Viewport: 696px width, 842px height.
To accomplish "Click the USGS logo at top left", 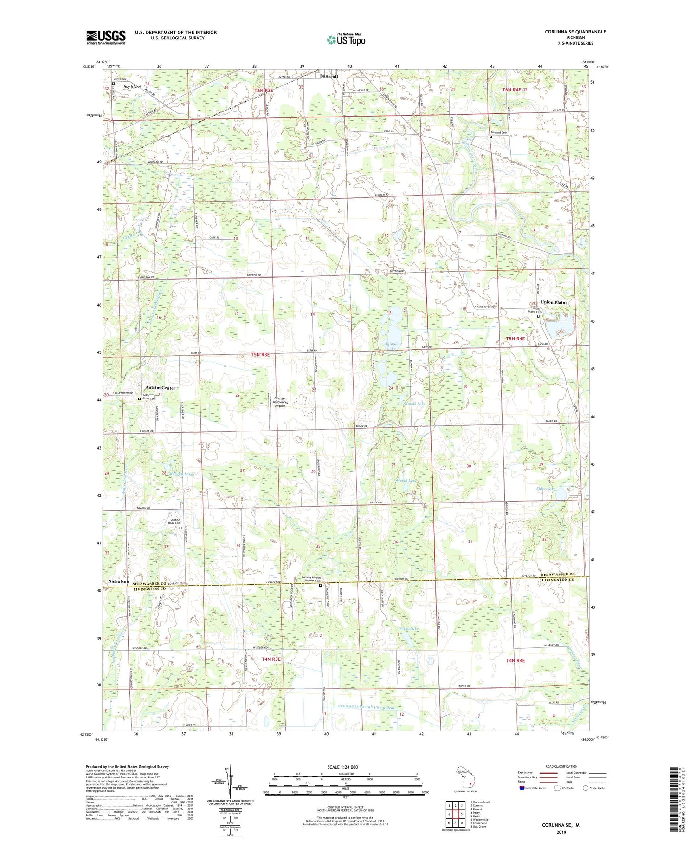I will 106,37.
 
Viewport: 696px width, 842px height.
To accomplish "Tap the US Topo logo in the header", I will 346,39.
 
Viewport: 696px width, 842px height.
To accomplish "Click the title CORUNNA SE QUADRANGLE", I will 570,32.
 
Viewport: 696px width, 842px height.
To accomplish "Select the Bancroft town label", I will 329,76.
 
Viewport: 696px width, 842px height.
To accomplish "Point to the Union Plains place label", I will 554,302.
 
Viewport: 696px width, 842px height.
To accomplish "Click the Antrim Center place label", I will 161,388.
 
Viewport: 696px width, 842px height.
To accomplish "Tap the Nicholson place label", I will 118,581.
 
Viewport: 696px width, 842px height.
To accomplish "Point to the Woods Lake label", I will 414,404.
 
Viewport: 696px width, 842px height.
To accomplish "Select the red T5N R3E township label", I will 260,354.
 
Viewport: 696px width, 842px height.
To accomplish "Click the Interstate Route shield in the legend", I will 522,788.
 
